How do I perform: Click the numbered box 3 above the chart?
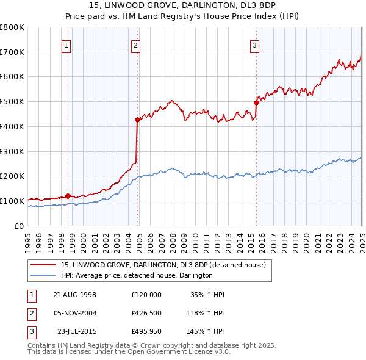pos(254,44)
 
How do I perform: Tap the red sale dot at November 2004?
pos(138,120)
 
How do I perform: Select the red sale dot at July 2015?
pos(257,103)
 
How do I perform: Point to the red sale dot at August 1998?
pos(68,196)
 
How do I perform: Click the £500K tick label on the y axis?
pos(12,101)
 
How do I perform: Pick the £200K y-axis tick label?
pos(12,176)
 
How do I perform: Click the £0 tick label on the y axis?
pos(20,226)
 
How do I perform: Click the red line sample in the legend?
pos(42,265)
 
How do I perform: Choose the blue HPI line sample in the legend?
pos(42,276)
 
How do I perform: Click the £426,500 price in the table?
pos(146,313)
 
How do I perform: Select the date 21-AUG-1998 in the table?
pos(75,295)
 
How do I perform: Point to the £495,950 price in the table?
pos(146,332)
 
